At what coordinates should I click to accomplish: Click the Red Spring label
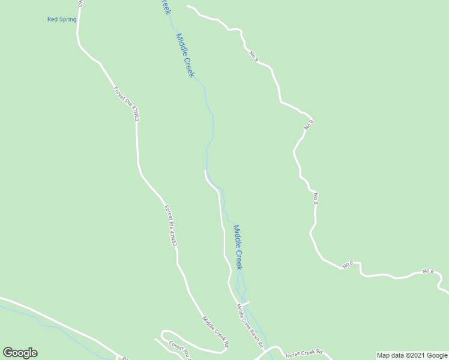[62, 19]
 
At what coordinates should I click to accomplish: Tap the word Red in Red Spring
[53, 19]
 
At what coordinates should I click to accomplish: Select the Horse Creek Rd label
[304, 352]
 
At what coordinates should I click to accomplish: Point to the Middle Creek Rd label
[215, 332]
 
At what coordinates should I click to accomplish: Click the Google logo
[20, 353]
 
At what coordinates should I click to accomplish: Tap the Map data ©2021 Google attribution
[412, 355]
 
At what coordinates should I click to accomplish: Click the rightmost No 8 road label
[427, 271]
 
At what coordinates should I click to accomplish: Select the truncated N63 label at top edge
[80, 4]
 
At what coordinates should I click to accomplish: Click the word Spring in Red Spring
[68, 19]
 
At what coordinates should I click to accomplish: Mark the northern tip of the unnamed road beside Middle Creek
[205, 171]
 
